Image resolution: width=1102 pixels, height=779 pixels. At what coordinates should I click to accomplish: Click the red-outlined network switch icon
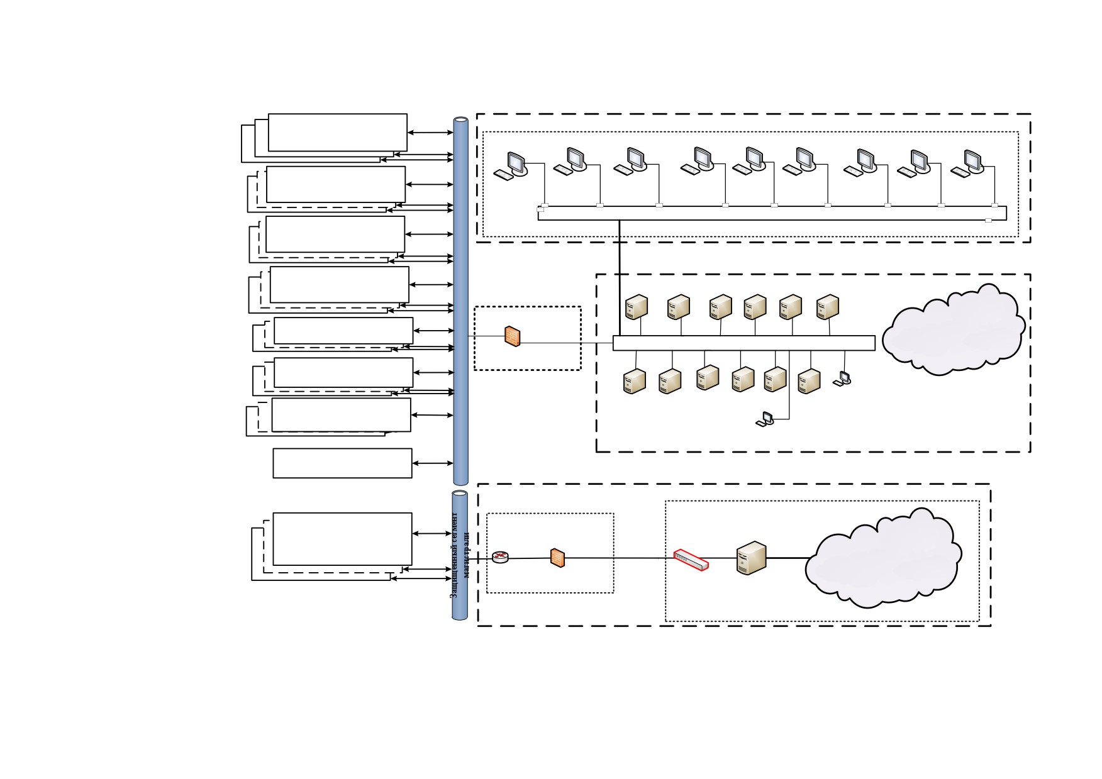click(691, 560)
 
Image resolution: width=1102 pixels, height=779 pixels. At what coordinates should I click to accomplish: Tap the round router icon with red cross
click(500, 557)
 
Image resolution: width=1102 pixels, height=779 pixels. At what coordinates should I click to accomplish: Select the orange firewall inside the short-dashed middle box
click(513, 336)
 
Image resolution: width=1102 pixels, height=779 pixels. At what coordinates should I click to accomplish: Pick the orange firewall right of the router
click(557, 557)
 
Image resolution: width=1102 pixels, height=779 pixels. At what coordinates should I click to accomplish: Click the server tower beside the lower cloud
click(752, 558)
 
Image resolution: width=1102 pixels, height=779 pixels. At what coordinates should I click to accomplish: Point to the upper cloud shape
click(954, 330)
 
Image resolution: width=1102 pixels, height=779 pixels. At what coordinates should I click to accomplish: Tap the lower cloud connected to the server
click(884, 558)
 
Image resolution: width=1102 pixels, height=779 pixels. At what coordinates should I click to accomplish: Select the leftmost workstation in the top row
click(511, 165)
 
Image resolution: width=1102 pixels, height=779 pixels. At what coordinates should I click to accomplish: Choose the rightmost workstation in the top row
click(968, 163)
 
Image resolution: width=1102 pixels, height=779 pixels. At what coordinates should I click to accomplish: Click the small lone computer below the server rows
click(765, 419)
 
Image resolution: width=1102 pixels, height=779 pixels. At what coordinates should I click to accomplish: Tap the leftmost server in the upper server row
click(637, 307)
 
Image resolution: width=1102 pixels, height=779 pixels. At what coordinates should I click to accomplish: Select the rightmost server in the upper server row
click(828, 307)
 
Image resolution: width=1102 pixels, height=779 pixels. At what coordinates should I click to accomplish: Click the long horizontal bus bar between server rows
click(744, 343)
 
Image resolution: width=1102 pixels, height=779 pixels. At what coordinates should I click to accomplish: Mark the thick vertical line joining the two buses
click(620, 278)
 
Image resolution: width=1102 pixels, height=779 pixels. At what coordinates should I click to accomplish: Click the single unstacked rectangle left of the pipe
click(342, 463)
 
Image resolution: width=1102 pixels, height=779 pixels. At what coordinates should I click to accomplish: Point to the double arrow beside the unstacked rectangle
click(433, 463)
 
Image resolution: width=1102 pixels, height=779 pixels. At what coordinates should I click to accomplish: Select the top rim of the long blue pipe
click(461, 119)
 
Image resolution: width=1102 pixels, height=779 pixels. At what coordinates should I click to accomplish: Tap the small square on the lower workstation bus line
click(988, 220)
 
